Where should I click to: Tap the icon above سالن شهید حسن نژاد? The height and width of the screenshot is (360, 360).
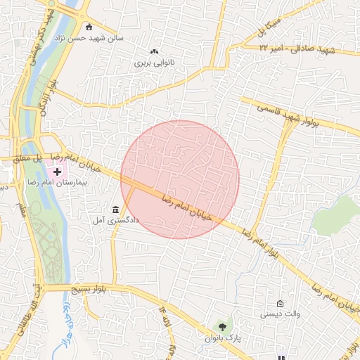(x=89, y=27)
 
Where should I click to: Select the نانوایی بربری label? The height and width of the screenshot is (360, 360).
(x=154, y=63)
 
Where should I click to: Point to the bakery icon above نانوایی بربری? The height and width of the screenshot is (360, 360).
(x=155, y=51)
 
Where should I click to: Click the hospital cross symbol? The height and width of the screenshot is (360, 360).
(x=58, y=171)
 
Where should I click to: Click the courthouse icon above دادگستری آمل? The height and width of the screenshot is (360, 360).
(x=115, y=209)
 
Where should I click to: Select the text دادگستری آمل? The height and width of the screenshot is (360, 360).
(x=116, y=220)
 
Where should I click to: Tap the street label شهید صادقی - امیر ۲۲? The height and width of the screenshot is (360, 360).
(x=298, y=49)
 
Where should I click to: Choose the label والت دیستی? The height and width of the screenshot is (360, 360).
(x=281, y=314)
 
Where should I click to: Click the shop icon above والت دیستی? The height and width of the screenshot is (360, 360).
(x=281, y=303)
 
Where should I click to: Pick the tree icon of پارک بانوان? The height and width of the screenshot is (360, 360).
(x=222, y=327)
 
